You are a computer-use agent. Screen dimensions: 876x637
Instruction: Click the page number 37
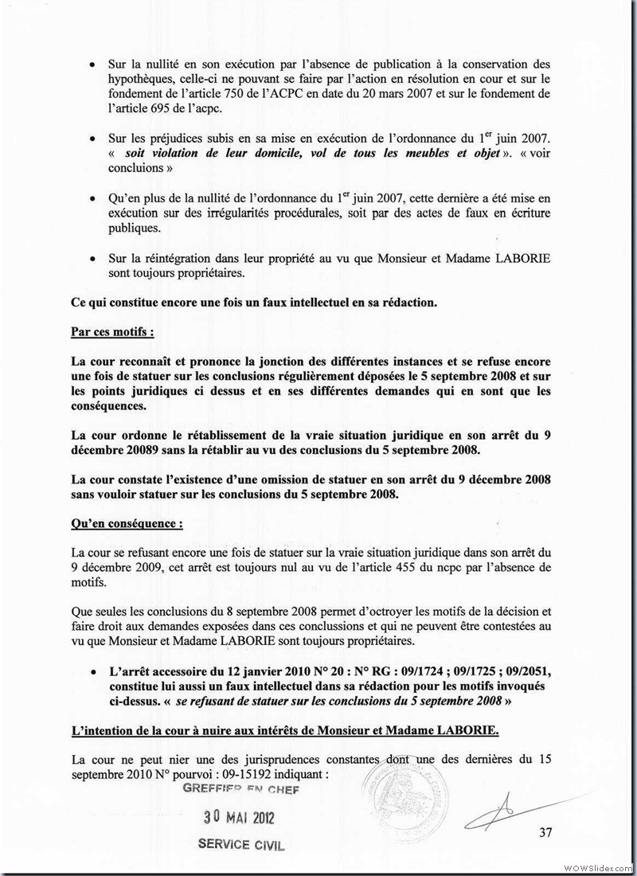(x=545, y=834)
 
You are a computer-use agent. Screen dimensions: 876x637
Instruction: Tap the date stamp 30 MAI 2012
(x=238, y=818)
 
